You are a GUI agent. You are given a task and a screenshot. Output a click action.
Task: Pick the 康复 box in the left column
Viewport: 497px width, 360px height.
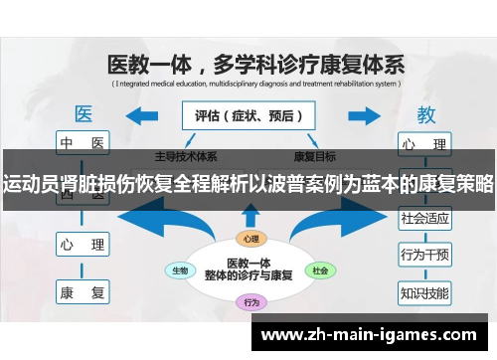click(x=83, y=292)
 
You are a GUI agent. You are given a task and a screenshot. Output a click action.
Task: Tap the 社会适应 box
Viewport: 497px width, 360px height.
click(x=424, y=217)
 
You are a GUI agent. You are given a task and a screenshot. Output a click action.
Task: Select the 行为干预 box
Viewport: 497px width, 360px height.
click(x=424, y=255)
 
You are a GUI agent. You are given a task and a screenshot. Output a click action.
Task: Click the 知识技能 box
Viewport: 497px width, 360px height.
click(x=424, y=292)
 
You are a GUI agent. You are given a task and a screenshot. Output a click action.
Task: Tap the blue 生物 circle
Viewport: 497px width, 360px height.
click(x=181, y=270)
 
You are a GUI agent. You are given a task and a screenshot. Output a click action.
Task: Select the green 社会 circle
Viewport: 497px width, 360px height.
click(x=319, y=270)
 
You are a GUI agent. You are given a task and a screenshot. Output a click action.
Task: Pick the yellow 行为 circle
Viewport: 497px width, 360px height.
click(x=250, y=302)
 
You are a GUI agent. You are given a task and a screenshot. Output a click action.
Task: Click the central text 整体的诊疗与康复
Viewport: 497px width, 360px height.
click(x=248, y=275)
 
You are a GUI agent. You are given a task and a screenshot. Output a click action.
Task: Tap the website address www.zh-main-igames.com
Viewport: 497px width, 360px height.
click(x=367, y=335)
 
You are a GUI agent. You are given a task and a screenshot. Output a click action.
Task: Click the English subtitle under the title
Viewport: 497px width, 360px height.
click(x=254, y=85)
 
